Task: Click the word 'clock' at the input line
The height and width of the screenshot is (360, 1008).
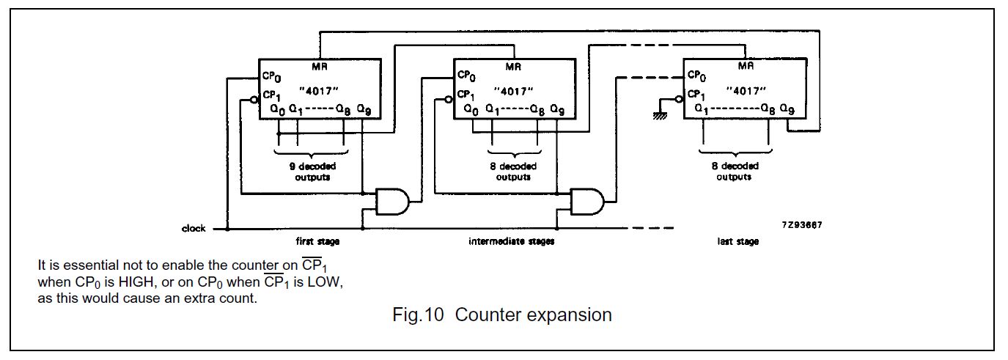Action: point(194,229)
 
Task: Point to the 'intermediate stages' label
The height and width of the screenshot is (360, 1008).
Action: point(511,241)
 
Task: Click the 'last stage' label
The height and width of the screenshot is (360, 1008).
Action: point(737,241)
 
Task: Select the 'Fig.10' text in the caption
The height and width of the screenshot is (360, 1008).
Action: point(415,315)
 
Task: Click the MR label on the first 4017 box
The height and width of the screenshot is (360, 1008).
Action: point(320,67)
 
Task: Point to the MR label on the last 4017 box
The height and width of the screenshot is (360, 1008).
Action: point(746,66)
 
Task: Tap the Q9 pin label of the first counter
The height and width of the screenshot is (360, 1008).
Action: point(364,109)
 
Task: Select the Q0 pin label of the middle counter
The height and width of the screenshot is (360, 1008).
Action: point(471,109)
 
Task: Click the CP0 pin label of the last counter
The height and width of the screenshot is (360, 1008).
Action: point(696,76)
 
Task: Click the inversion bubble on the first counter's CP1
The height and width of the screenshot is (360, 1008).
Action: point(253,99)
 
